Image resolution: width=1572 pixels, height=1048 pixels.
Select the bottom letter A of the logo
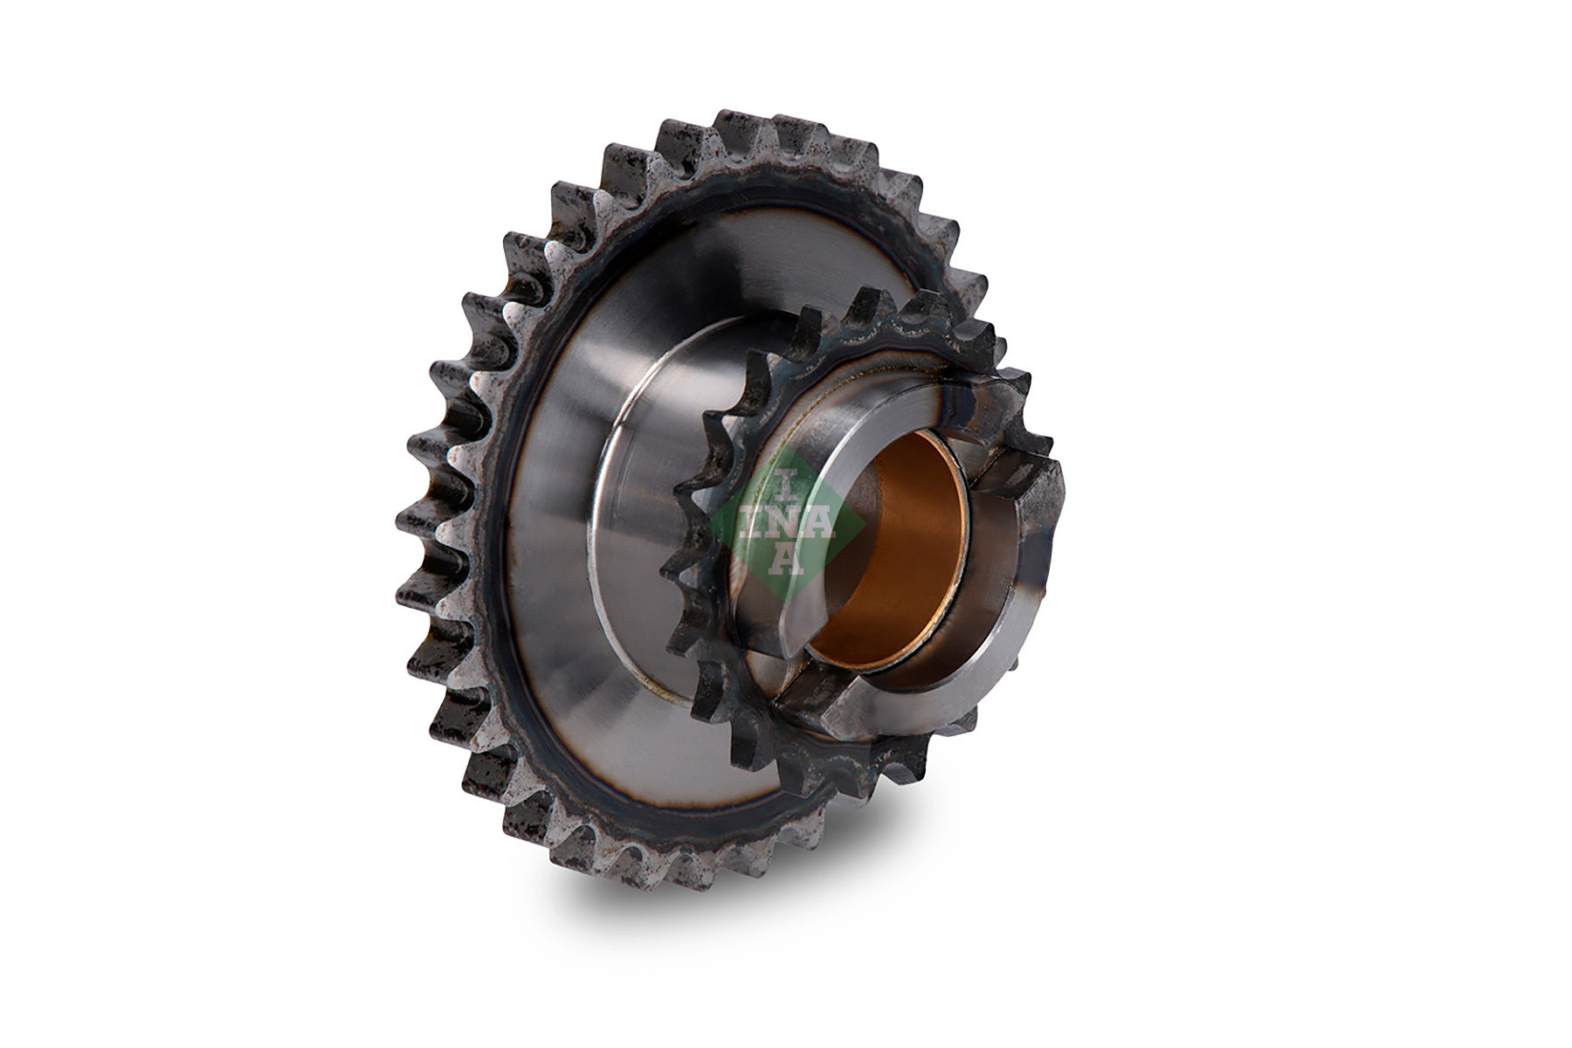(784, 559)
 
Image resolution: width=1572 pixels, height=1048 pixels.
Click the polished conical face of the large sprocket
(559, 489)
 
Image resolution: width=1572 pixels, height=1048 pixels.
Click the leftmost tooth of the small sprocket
(677, 568)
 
